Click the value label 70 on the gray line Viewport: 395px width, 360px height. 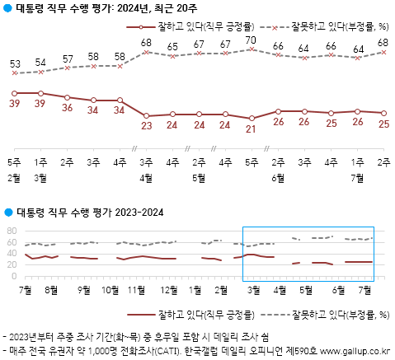point(252,40)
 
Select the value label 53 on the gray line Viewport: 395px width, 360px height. point(15,64)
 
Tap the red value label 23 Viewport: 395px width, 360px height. point(147,126)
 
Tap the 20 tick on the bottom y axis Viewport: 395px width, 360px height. point(12,265)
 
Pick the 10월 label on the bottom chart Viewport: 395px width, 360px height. point(109,290)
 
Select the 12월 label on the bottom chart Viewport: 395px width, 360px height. point(169,290)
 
